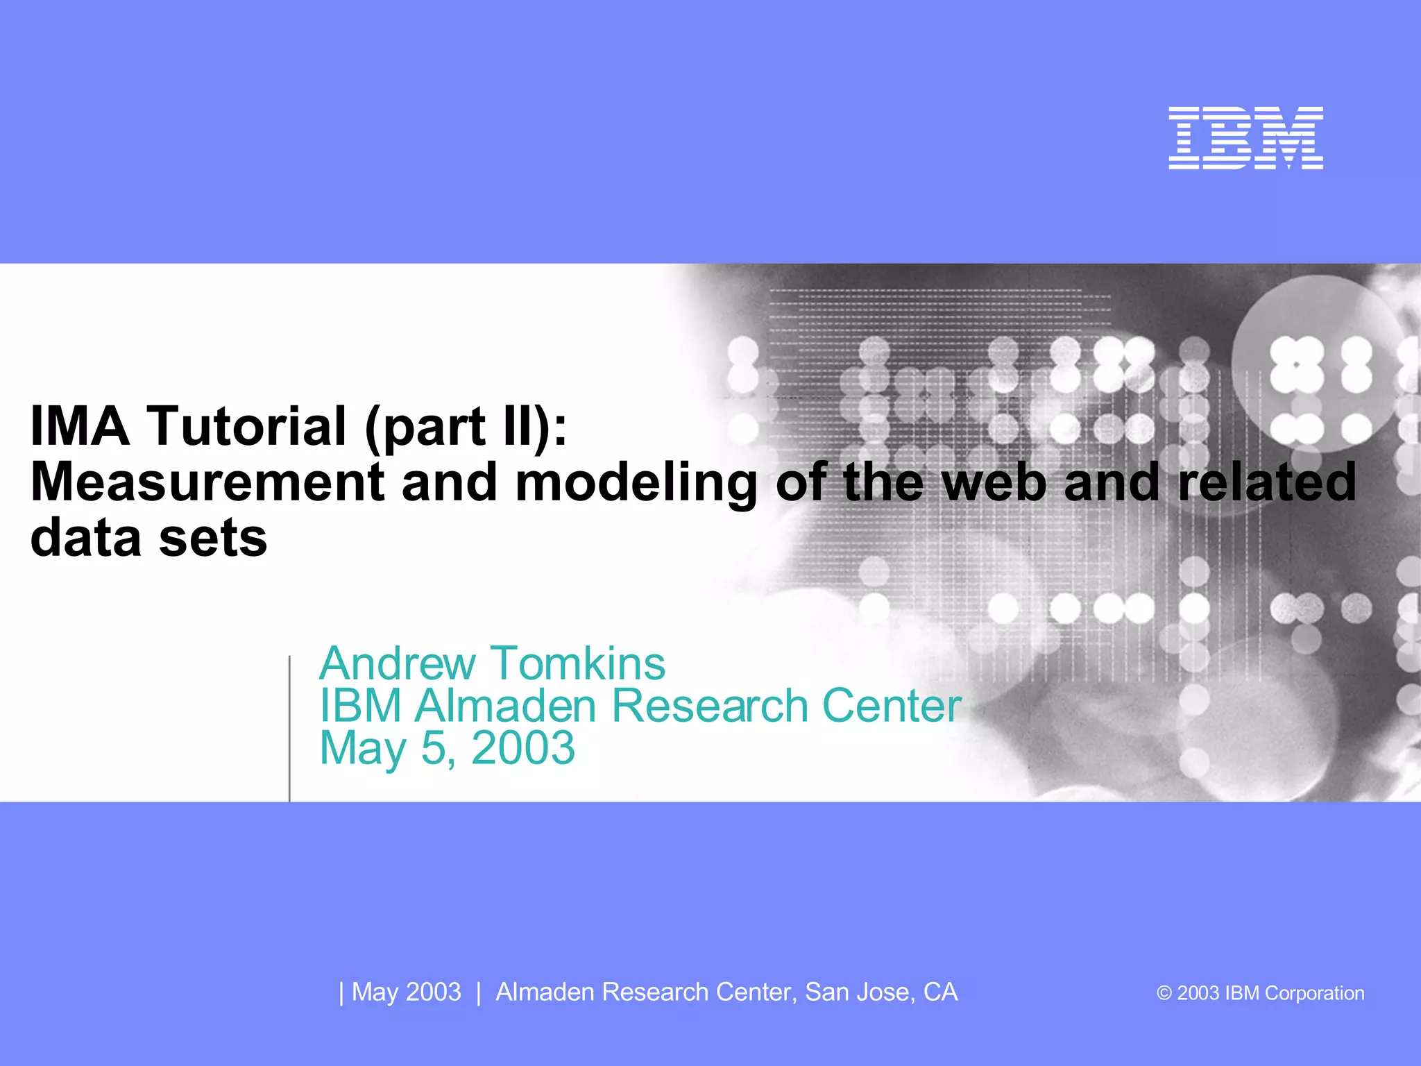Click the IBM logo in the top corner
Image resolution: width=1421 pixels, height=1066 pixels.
tap(1245, 137)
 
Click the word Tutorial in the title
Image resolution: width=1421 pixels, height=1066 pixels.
tap(246, 425)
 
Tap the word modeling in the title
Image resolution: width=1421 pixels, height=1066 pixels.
tap(636, 483)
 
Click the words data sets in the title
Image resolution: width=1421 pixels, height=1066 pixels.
tap(148, 538)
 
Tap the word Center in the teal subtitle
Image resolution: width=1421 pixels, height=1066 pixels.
tap(891, 706)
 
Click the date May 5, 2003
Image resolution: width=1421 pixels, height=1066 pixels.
tap(447, 749)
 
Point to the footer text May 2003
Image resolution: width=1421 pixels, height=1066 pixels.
tap(406, 992)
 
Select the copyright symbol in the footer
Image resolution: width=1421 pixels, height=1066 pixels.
tap(1164, 994)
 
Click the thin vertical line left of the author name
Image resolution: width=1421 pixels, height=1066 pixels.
tap(289, 729)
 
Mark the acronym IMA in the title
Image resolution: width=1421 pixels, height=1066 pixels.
tap(80, 425)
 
